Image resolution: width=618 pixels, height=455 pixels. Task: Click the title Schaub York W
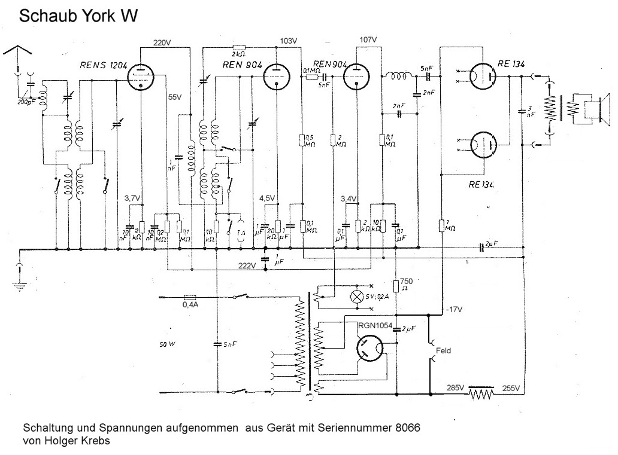tap(78, 16)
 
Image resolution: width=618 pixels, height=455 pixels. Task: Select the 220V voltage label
tap(162, 43)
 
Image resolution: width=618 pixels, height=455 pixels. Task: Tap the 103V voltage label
tap(289, 41)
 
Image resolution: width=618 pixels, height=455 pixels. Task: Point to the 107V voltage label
tap(368, 39)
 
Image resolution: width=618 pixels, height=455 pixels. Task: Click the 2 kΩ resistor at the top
tap(239, 47)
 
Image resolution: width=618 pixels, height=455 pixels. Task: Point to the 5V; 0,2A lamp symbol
tap(358, 297)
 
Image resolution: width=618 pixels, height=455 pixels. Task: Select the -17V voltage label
tap(455, 309)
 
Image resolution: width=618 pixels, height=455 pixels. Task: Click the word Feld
tap(444, 352)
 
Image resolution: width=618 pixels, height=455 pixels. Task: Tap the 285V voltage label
tap(456, 387)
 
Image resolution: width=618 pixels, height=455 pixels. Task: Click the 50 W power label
tap(169, 344)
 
